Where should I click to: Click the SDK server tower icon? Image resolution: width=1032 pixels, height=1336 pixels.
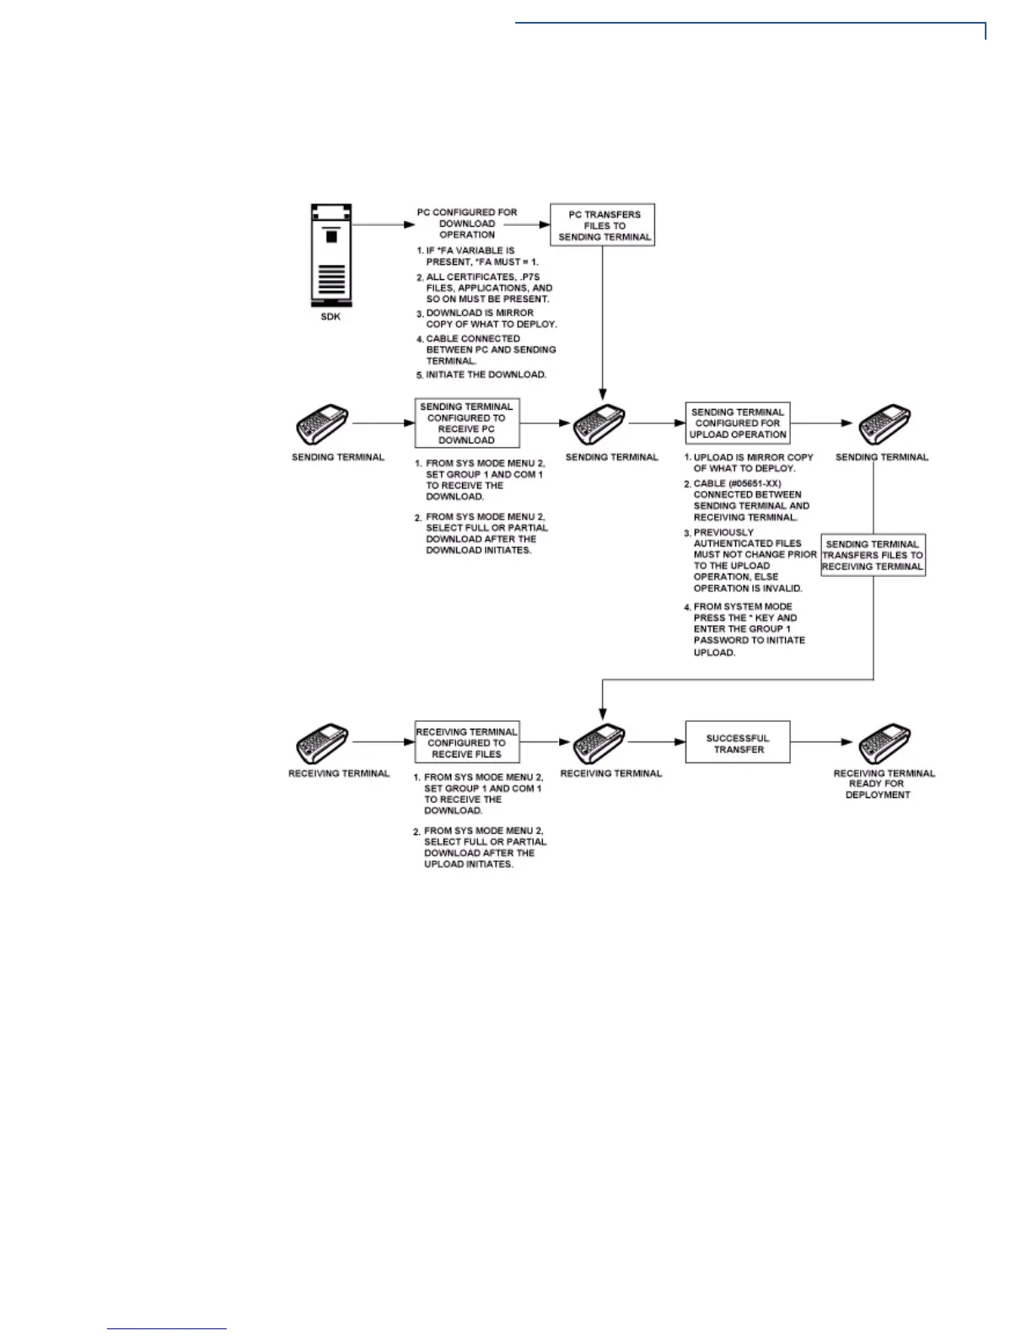tap(331, 255)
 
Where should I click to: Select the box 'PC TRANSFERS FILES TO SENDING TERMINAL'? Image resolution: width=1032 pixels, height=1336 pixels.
tap(603, 225)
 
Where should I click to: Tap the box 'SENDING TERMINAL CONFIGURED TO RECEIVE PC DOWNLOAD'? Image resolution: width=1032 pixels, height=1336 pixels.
tap(466, 423)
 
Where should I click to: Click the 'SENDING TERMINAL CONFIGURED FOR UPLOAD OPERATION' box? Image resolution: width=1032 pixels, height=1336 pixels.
tap(738, 423)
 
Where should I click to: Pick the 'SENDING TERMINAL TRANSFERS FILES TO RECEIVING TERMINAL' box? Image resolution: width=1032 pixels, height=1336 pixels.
tap(873, 555)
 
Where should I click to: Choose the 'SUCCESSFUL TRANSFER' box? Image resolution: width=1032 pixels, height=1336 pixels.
tap(738, 743)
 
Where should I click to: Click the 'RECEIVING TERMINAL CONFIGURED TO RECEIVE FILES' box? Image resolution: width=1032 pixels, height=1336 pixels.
tap(466, 743)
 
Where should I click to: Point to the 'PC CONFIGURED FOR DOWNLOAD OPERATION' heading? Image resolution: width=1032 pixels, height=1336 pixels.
tap(467, 224)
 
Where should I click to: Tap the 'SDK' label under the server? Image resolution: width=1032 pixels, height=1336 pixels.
tap(331, 317)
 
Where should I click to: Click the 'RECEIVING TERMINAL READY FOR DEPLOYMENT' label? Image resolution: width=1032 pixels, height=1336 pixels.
tap(884, 784)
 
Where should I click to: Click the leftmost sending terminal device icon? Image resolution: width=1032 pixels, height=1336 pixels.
tap(322, 424)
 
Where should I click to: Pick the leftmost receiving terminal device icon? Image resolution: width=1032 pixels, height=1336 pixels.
tap(322, 743)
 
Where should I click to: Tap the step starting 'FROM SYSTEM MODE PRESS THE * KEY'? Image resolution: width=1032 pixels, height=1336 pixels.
tap(747, 629)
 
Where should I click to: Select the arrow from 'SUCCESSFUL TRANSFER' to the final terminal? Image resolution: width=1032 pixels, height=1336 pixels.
tap(822, 742)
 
